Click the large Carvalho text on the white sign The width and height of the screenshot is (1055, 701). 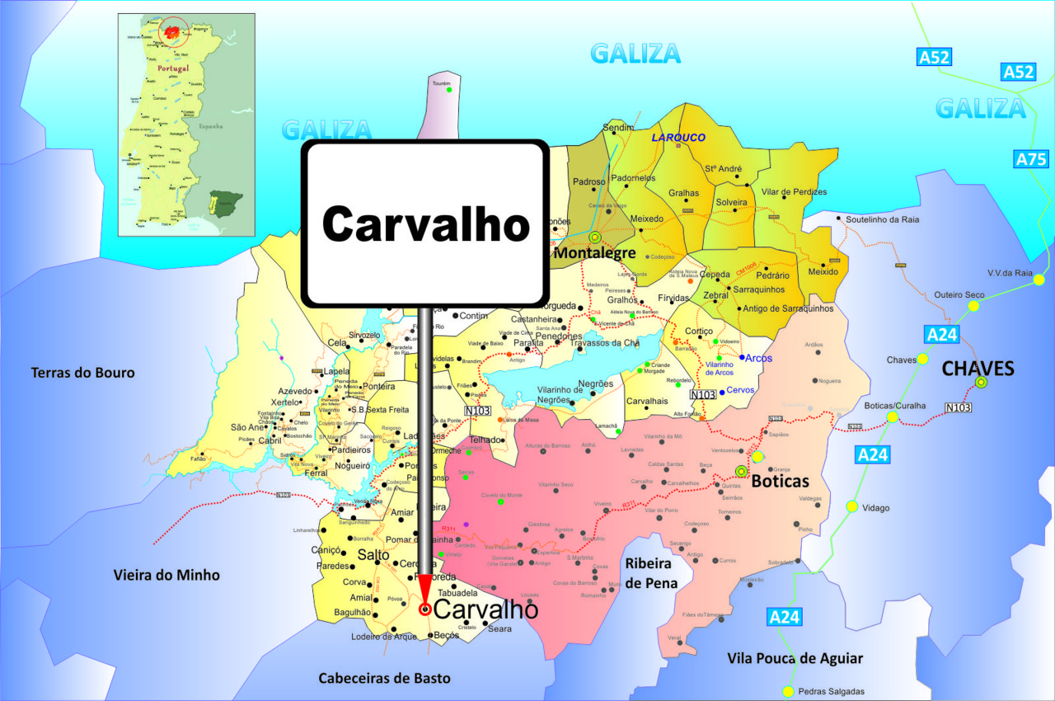424,223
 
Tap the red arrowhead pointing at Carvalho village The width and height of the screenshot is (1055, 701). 424,589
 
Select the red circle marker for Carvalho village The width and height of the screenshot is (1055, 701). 424,609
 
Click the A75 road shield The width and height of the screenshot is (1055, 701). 1031,160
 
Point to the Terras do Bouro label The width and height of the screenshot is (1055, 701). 82,373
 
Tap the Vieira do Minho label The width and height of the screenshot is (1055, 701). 166,575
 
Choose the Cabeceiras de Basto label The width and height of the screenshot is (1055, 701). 385,678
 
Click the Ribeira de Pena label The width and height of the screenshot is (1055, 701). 651,573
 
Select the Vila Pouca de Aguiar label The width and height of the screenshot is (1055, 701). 795,658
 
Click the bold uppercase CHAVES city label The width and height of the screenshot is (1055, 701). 978,368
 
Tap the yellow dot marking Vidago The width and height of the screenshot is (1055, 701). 851,506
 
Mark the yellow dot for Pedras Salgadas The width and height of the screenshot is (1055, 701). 788,691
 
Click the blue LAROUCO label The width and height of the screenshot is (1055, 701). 678,137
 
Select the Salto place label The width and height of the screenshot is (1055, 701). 373,555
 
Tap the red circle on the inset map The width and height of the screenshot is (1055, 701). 173,32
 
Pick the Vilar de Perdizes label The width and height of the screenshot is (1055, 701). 794,192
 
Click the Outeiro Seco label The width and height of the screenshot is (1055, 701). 959,294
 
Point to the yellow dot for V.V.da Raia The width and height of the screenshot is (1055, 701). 1039,280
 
